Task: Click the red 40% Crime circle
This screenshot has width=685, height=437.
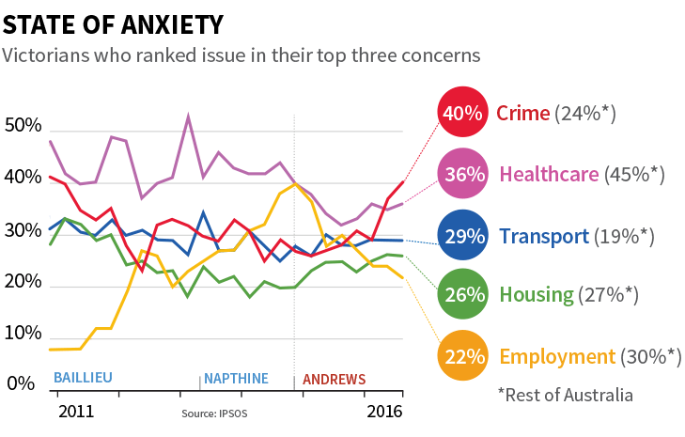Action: [x=462, y=114]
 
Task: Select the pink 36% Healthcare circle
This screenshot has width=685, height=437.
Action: [x=462, y=174]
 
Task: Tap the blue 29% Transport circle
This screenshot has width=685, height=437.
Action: [x=462, y=236]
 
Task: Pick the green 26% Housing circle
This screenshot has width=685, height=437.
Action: [x=462, y=295]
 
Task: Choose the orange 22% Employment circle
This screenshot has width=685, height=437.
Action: [x=462, y=356]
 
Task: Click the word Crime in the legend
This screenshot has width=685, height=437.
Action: [x=522, y=114]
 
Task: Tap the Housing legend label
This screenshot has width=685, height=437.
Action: [x=537, y=295]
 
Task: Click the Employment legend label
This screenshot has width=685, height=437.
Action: [x=558, y=356]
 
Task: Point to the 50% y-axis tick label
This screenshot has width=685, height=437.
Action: [x=23, y=126]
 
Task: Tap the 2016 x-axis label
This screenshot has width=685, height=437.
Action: [x=384, y=412]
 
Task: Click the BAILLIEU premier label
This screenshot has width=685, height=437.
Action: [x=83, y=378]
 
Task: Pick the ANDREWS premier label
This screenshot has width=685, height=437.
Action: [x=334, y=380]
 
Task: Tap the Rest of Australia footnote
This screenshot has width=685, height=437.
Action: [x=566, y=395]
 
